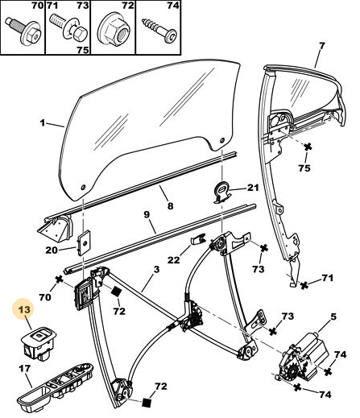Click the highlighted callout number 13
[x=25, y=310]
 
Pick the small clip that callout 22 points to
[x=197, y=238]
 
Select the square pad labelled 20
[x=84, y=242]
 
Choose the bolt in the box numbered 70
[x=23, y=30]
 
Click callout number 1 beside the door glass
[x=43, y=122]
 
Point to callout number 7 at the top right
[x=322, y=46]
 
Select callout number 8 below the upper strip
[x=170, y=205]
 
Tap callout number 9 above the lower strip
[x=147, y=215]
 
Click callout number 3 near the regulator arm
[x=156, y=269]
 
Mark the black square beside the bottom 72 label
[x=147, y=403]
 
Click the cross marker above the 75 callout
[x=308, y=147]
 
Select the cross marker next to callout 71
[x=304, y=285]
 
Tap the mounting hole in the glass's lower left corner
[x=83, y=187]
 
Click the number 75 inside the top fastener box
[x=82, y=50]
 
